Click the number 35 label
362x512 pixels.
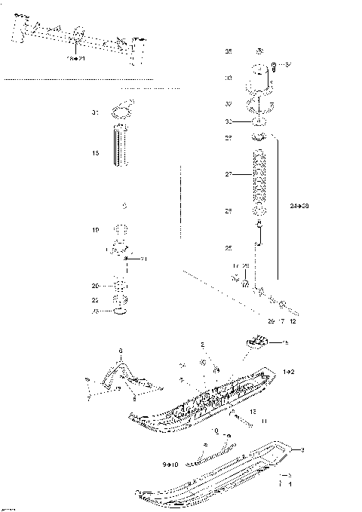[x=229, y=51]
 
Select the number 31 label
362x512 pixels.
[x=95, y=112]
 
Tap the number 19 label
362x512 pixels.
[x=95, y=229]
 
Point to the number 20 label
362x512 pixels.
[x=95, y=286]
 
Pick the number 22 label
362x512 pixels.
[x=95, y=299]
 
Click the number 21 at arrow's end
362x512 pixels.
[x=144, y=259]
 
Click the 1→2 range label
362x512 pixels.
[x=289, y=373]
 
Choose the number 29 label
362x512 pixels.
[x=270, y=320]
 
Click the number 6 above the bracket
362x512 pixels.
[x=119, y=351]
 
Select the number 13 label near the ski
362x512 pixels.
[x=253, y=411]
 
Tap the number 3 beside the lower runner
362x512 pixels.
[x=302, y=450]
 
